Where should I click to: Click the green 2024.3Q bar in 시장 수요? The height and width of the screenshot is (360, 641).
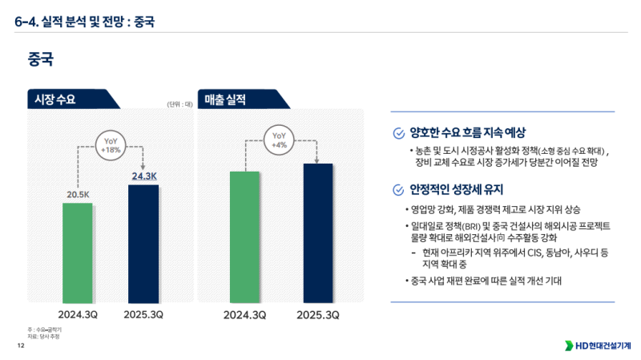(78, 249)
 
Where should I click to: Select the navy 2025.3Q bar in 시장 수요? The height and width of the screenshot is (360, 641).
(143, 241)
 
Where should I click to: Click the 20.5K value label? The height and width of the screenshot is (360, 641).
(78, 194)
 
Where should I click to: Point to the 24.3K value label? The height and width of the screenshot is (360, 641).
(144, 176)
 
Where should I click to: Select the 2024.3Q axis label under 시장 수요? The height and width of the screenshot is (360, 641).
(78, 314)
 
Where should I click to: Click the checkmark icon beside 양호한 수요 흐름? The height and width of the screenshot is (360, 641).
(398, 132)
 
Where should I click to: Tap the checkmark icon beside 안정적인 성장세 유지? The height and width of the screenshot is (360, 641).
(398, 190)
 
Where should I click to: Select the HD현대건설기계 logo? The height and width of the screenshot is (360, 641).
(598, 346)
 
